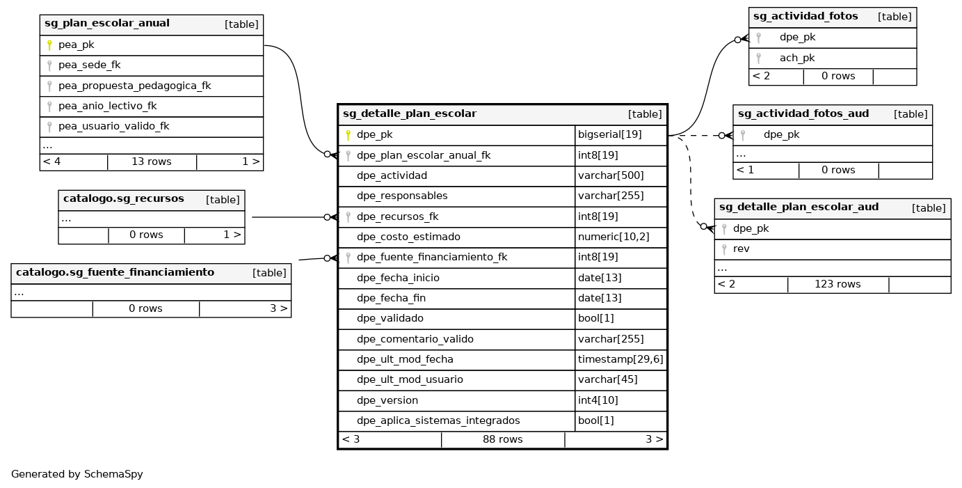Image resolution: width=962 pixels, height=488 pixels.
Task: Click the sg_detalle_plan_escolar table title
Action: coord(409,114)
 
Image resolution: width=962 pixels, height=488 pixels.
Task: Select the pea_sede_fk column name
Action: coord(89,65)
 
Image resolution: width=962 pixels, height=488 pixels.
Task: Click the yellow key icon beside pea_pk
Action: coord(49,45)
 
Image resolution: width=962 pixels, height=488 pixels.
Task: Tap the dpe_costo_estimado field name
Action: coord(408,237)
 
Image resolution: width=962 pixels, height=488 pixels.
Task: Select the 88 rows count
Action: coord(502,439)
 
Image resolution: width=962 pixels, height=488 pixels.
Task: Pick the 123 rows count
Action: coord(837,284)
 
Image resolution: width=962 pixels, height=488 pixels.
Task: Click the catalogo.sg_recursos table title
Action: coord(123,199)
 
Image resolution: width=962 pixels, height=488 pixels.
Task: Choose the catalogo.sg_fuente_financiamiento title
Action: coord(115,273)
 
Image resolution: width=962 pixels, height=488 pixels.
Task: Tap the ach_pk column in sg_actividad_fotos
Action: coord(796,58)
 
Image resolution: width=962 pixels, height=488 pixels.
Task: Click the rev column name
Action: coord(741,249)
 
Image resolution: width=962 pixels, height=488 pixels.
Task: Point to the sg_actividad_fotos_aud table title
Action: coord(803,114)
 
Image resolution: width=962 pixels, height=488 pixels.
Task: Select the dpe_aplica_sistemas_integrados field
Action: coord(438,421)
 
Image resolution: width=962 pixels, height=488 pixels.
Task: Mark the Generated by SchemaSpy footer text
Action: coord(77,475)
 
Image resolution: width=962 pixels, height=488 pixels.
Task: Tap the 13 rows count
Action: coord(151,162)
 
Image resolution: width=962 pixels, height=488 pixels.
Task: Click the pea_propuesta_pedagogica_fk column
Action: coord(134,86)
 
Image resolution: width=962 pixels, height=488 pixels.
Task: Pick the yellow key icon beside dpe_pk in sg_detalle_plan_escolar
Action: coord(348,135)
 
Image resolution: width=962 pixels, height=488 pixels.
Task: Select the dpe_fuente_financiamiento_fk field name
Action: coord(431,258)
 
